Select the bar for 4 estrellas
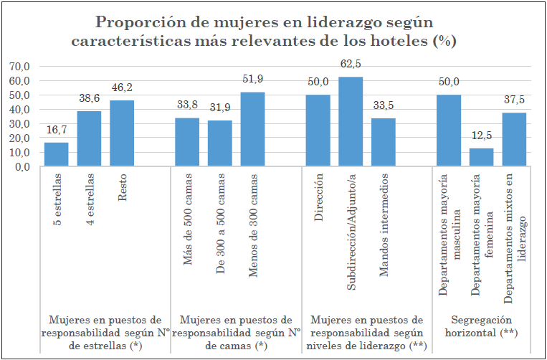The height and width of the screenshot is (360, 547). point(89,138)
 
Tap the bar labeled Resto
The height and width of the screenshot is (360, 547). point(121,133)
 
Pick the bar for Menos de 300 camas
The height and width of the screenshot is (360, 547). point(252,129)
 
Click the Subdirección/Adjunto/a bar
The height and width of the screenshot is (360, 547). point(351,121)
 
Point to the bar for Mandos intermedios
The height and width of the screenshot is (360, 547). point(384,142)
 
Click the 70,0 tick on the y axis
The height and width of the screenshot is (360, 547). point(19,66)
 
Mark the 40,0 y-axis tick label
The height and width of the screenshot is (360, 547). point(19,109)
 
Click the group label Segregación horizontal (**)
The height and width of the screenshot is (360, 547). point(482,326)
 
